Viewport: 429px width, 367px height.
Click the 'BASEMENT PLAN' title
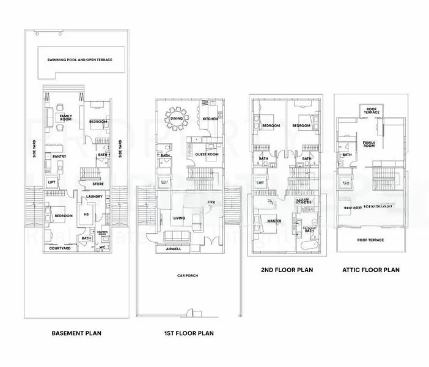click(76, 333)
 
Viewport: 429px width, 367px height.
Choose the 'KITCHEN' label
click(210, 119)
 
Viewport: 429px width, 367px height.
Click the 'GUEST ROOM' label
click(207, 155)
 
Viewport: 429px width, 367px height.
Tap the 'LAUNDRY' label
click(94, 196)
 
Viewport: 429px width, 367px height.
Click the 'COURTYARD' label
click(61, 248)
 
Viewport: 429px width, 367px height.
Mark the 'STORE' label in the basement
click(98, 183)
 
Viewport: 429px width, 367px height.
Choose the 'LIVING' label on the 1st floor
click(179, 217)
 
